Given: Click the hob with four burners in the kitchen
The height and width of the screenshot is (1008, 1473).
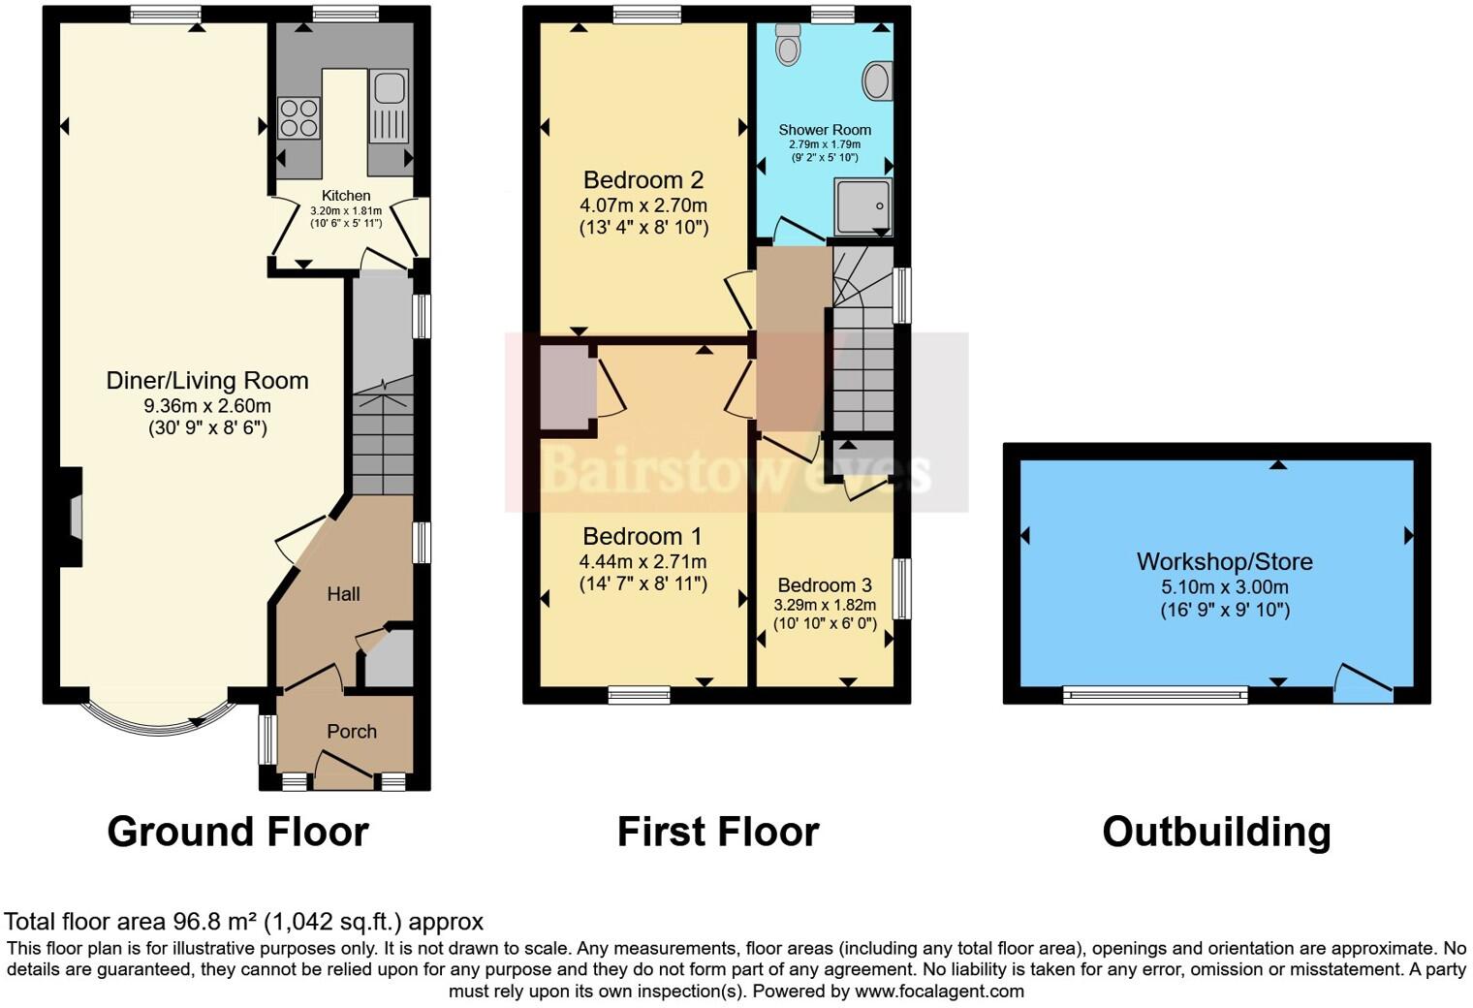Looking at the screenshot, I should pos(298,118).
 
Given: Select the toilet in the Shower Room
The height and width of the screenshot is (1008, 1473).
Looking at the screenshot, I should pos(789,45).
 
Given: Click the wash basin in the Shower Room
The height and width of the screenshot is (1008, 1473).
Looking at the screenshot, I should pos(876,81).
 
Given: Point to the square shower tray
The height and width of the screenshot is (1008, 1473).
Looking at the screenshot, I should pos(862,205).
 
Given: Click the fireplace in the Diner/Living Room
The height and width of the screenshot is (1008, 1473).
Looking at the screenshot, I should pos(72,517).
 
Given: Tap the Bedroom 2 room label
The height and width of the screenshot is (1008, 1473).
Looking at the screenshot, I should pos(642,180).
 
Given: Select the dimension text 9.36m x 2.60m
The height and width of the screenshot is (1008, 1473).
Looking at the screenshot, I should pos(206,405).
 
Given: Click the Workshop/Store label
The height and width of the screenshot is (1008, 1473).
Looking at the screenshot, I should pos(1224,561).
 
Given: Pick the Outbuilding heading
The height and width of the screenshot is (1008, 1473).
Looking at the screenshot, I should pos(1216,832).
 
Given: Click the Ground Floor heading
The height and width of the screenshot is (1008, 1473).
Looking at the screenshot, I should pos(237,832).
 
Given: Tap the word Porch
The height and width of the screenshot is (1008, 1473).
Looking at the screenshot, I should pos(351,732).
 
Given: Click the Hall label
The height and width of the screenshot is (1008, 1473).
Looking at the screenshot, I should pos(343,594).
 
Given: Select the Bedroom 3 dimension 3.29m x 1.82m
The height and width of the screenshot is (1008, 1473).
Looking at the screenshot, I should pos(824,605).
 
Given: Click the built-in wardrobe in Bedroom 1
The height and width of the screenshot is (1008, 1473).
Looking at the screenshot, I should pos(567,388).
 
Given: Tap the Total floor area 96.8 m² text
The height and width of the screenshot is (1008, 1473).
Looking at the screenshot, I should pos(243,922).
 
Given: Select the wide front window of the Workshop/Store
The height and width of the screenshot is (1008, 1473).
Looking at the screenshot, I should pos(1155,693).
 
